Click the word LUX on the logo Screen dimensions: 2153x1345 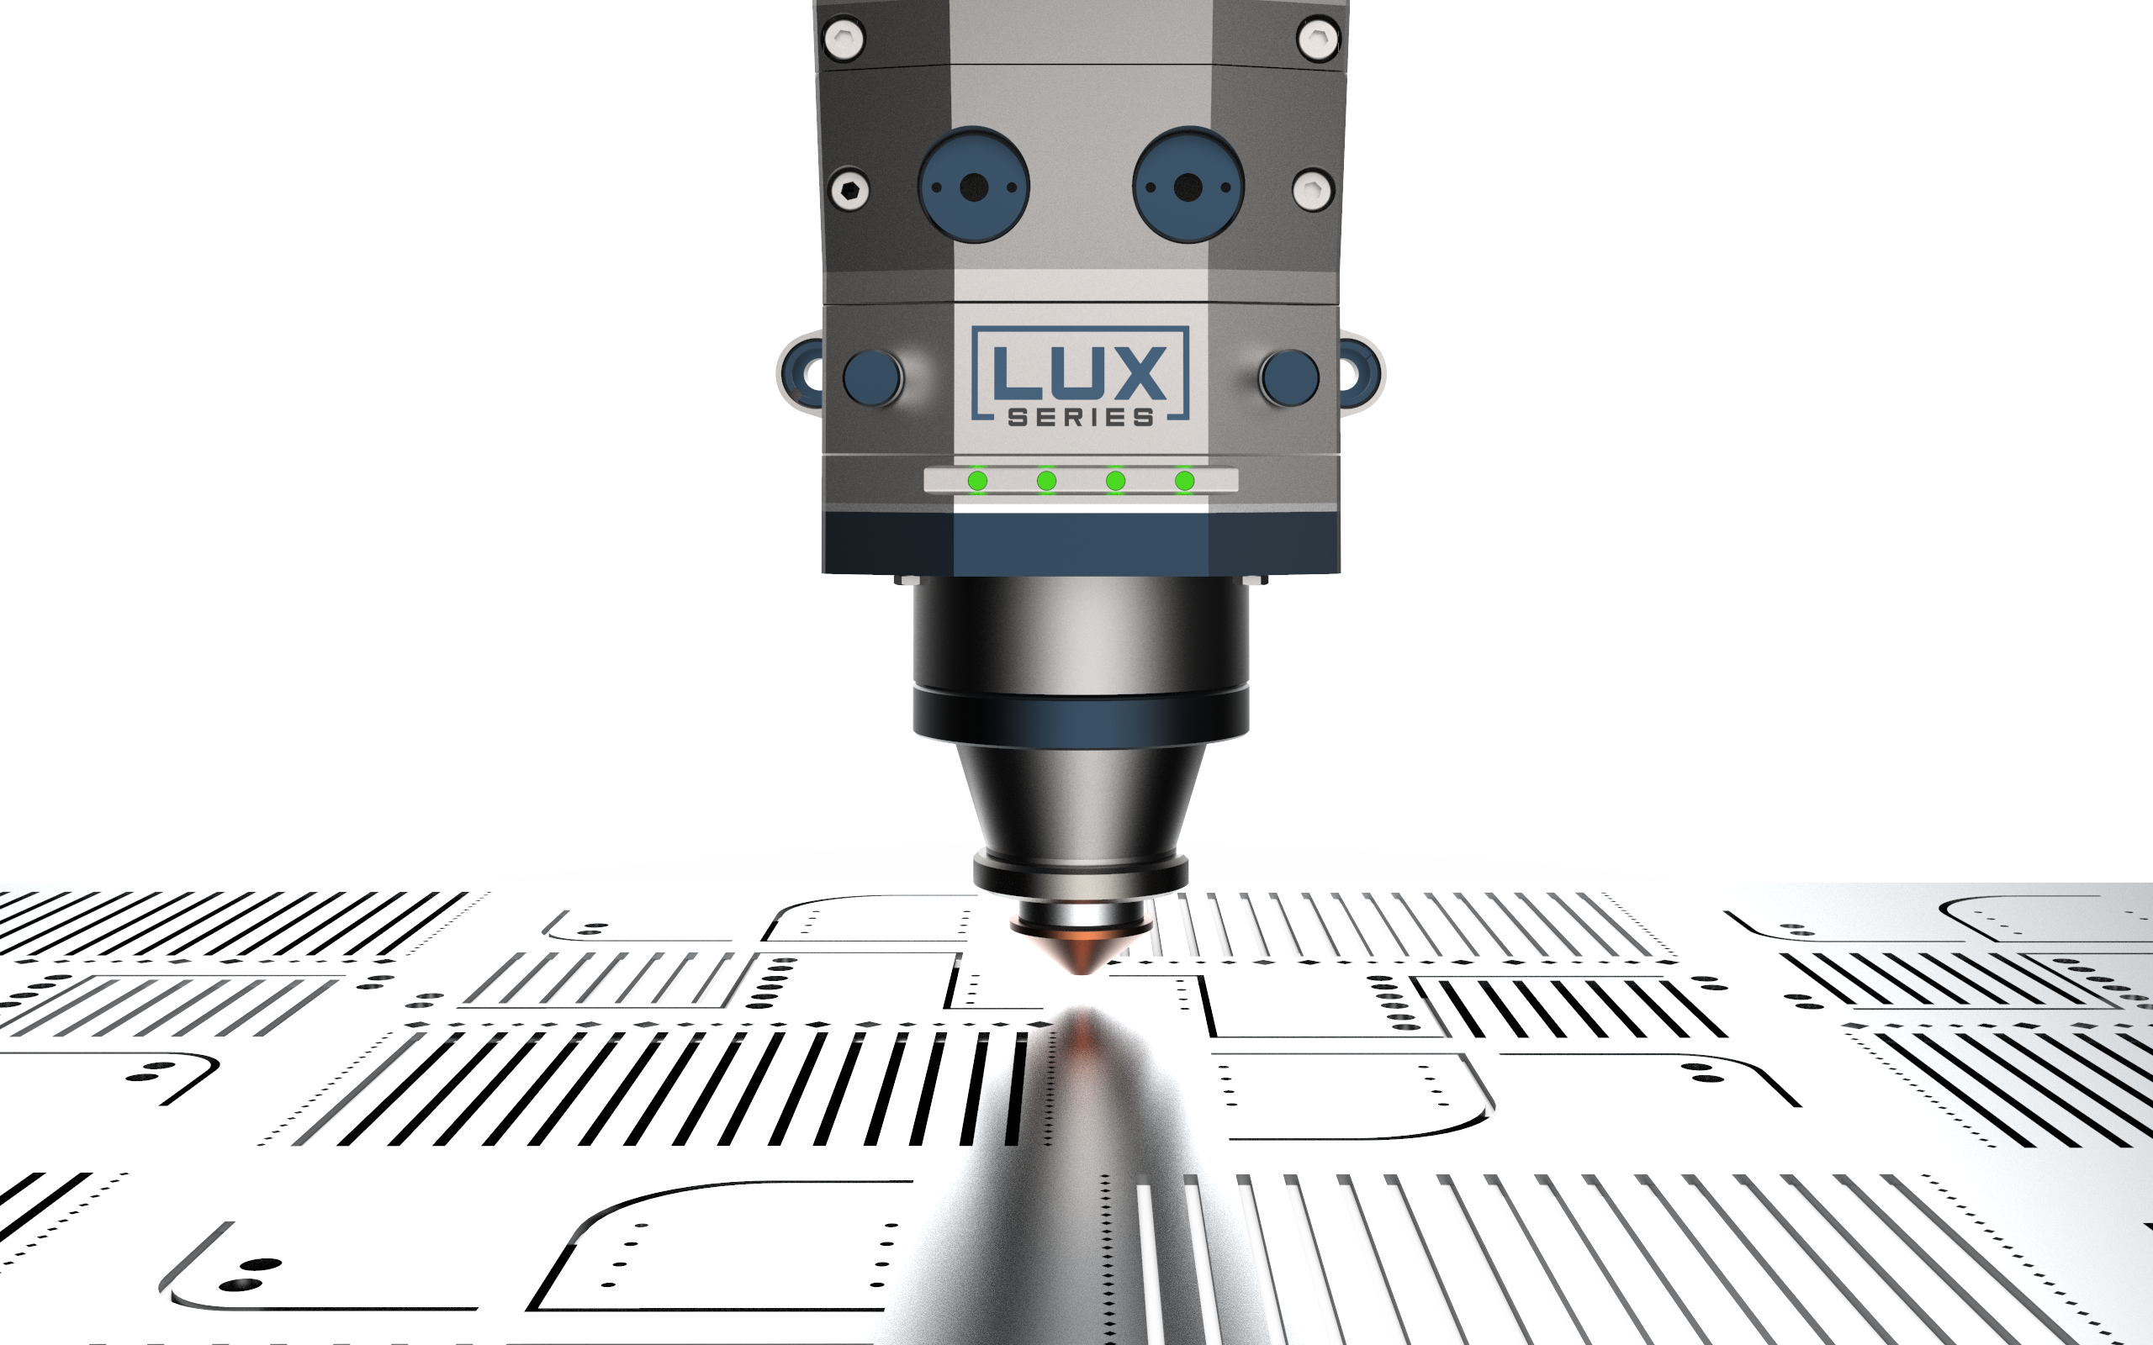tap(1080, 372)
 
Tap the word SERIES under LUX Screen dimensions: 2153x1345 tap(1081, 417)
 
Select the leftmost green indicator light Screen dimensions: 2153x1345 tap(978, 481)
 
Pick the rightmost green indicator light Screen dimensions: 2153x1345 tap(1184, 481)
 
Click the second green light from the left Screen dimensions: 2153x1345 tap(1046, 481)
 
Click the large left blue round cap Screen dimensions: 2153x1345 tap(974, 186)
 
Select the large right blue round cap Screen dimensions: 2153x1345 tap(1188, 186)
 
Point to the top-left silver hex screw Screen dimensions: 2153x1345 tap(844, 40)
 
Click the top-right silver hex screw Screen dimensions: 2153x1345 tap(1319, 40)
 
